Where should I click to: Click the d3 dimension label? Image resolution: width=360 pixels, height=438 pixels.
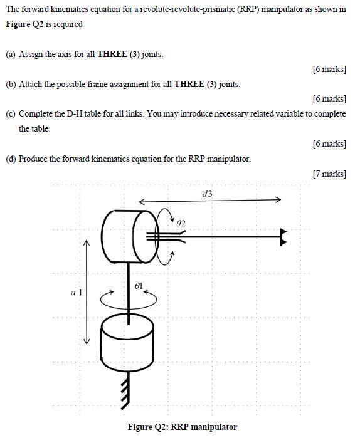tap(208, 194)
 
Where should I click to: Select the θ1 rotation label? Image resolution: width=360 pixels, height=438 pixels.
tap(139, 285)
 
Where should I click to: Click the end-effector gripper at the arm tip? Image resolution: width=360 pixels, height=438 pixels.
tap(284, 236)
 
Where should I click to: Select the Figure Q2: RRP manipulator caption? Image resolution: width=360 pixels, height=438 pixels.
tap(182, 427)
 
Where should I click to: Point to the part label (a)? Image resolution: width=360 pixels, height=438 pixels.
tap(11, 55)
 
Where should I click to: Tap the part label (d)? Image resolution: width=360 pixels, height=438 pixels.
tap(11, 159)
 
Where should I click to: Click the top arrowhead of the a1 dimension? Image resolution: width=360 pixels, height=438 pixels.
tap(87, 244)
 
